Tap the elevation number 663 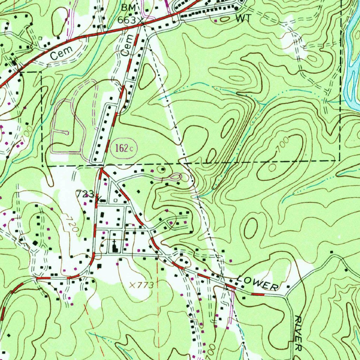127,20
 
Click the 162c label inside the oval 124,148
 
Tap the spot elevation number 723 85,194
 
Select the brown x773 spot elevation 141,285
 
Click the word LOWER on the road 257,283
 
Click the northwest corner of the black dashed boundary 42,72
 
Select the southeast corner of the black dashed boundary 340,160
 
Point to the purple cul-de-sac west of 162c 65,133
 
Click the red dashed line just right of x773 157,285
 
